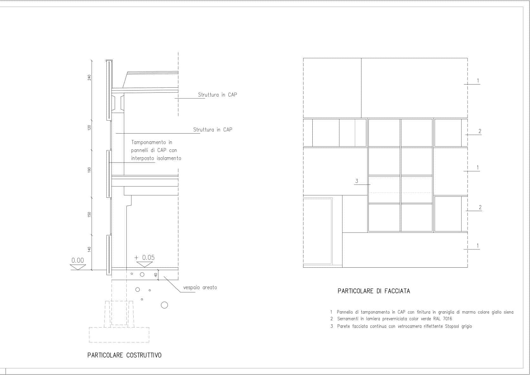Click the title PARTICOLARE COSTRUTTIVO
tap(124, 355)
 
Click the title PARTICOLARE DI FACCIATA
tap(374, 291)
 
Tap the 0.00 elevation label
tap(78, 260)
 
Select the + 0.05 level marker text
tap(144, 257)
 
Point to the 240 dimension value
tap(89, 77)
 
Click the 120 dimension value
tap(89, 127)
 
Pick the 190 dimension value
tap(89, 170)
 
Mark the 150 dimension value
tap(89, 214)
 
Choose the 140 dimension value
tap(89, 249)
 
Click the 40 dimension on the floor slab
tap(156, 275)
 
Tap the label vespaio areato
tap(200, 288)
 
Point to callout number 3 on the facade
tap(357, 181)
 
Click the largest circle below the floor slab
tap(164, 305)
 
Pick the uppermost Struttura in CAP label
tap(217, 95)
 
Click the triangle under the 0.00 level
tap(78, 267)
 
